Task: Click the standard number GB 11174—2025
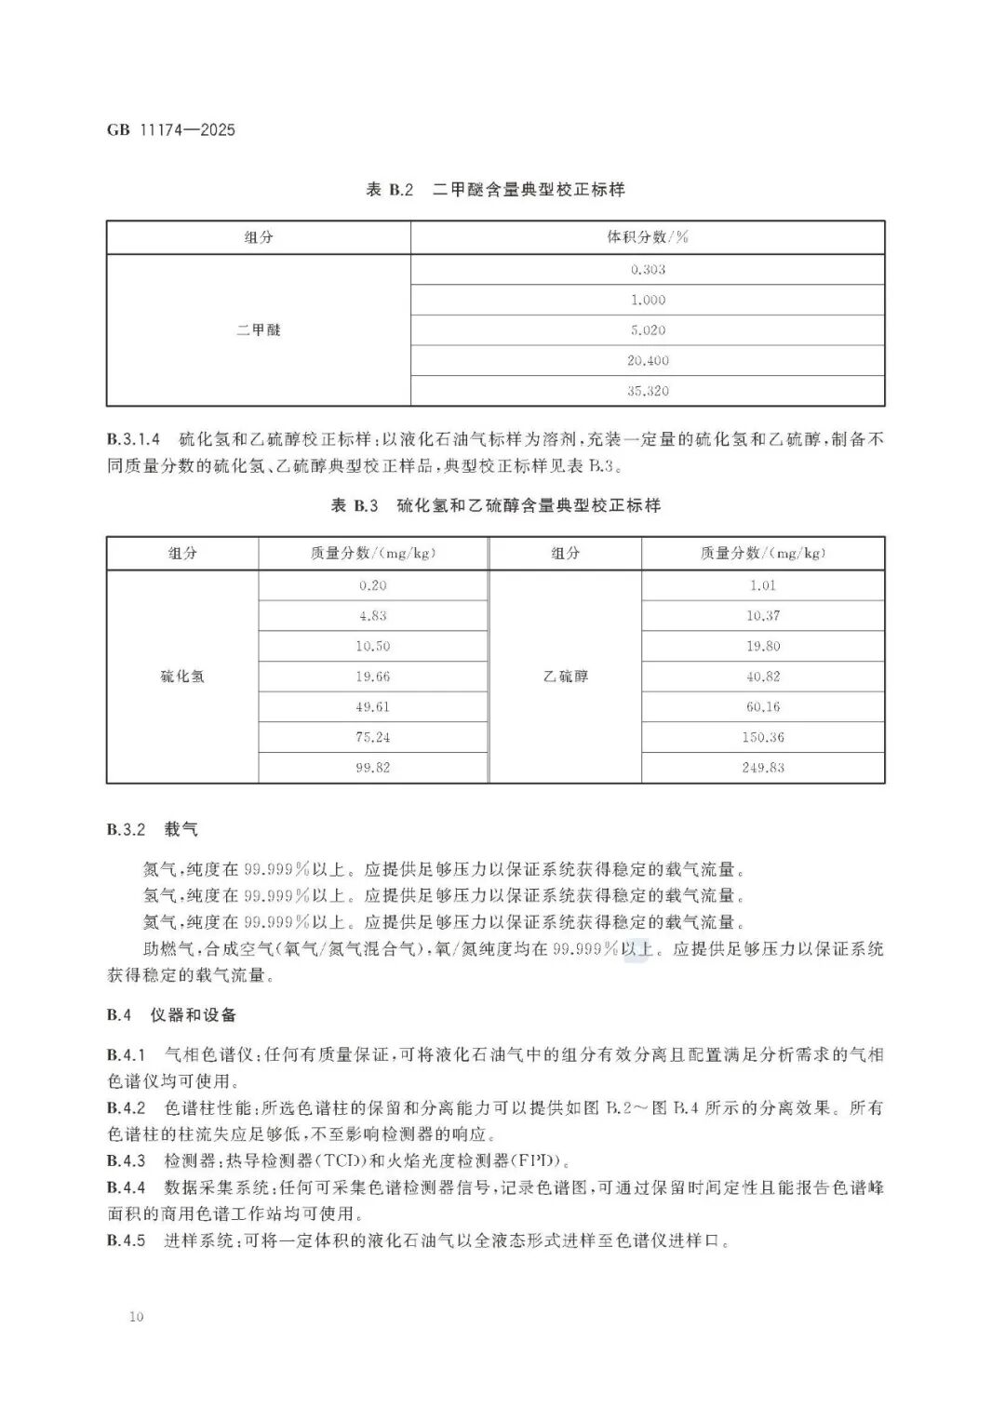click(171, 129)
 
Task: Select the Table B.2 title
click(495, 190)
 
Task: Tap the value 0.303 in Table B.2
click(648, 270)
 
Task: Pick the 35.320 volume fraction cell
click(648, 391)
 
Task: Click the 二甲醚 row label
click(259, 329)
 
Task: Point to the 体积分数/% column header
click(648, 237)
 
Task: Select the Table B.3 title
click(495, 506)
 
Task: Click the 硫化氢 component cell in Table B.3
click(182, 677)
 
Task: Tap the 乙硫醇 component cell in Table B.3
click(566, 677)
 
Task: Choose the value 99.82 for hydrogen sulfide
click(372, 768)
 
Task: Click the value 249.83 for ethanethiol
click(763, 768)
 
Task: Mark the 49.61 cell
click(372, 707)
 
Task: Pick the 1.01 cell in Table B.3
click(763, 585)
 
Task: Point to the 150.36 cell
click(763, 737)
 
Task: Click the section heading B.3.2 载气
click(152, 829)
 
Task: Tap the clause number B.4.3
click(127, 1160)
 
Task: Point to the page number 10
click(137, 1317)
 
